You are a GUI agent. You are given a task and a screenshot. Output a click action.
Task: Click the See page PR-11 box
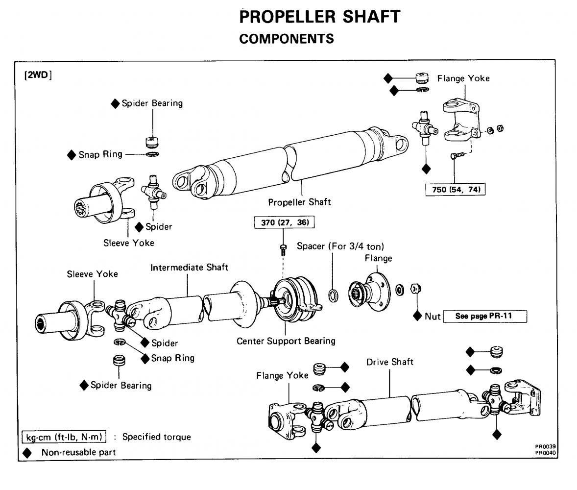tap(484, 316)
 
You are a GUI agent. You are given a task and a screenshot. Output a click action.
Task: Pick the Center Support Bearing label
tap(286, 341)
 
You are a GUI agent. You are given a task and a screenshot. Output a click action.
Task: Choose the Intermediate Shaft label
tap(189, 268)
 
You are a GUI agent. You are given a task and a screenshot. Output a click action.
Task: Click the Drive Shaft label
tap(390, 362)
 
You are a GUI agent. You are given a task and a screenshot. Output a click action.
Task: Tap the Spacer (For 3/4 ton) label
tap(340, 246)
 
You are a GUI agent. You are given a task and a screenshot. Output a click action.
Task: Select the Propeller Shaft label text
tap(299, 202)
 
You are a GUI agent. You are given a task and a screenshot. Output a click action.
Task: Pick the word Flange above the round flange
tap(379, 258)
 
